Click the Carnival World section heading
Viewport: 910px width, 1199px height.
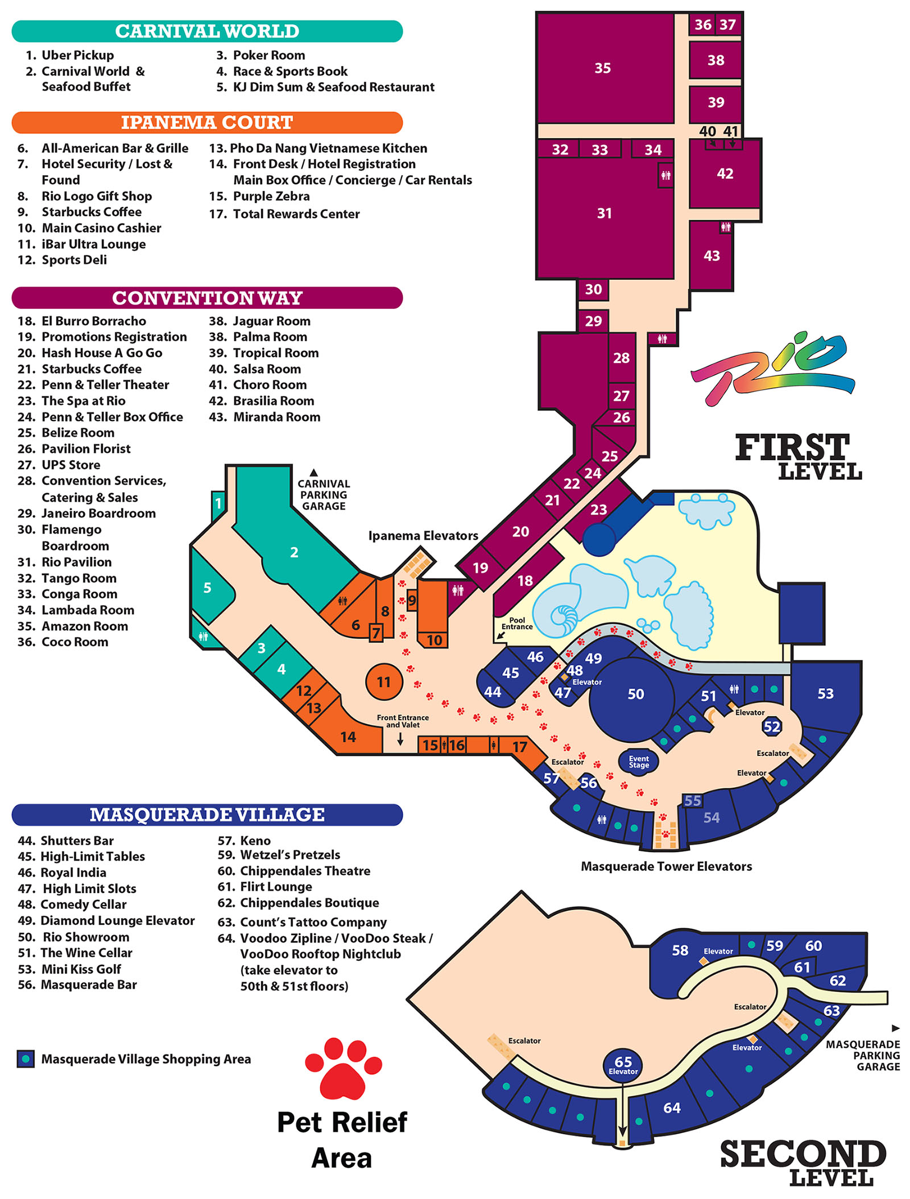click(207, 31)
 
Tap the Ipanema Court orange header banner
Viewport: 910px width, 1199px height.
click(207, 123)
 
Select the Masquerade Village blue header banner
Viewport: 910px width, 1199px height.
click(207, 815)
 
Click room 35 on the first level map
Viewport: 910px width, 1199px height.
click(605, 68)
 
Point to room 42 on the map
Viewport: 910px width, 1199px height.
click(725, 174)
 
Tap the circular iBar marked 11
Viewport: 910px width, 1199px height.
click(384, 681)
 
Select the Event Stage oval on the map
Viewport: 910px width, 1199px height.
click(639, 762)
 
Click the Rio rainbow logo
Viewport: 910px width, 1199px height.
click(772, 370)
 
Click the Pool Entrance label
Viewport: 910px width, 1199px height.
click(517, 623)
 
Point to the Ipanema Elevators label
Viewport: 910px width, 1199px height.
click(423, 536)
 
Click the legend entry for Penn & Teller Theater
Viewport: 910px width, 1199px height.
click(93, 385)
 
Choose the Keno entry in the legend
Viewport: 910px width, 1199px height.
click(244, 841)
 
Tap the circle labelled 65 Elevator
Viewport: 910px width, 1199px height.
click(623, 1065)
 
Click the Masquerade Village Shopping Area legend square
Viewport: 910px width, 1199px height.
click(26, 1059)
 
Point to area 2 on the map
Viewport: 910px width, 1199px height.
click(293, 552)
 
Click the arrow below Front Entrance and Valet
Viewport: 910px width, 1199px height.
click(400, 739)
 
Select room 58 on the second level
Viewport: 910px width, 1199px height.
click(680, 950)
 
